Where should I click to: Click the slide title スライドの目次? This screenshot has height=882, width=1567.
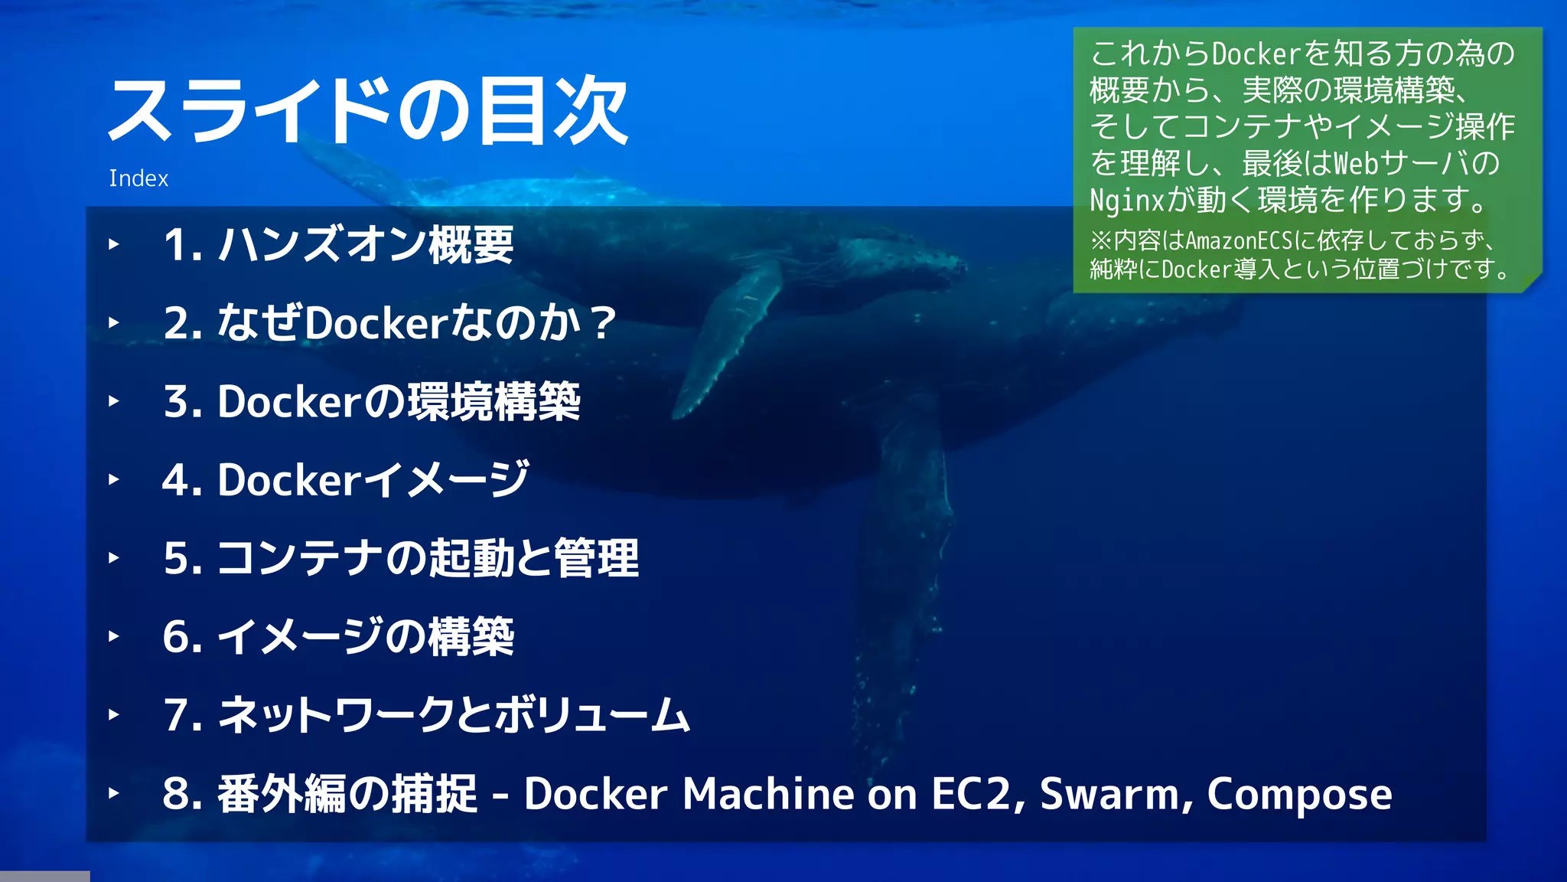pyautogui.click(x=368, y=112)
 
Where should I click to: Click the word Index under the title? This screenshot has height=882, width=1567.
pyautogui.click(x=138, y=178)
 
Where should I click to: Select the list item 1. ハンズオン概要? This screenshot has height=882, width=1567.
pyautogui.click(x=338, y=245)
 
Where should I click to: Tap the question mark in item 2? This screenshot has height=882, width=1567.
pyautogui.click(x=603, y=323)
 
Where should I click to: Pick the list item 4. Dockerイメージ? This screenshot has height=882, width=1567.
pyautogui.click(x=345, y=480)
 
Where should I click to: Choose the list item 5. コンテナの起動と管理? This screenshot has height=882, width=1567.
pyautogui.click(x=400, y=558)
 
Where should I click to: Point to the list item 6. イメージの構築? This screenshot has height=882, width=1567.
pyautogui.click(x=338, y=636)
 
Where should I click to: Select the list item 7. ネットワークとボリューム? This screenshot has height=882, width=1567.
pyautogui.click(x=426, y=715)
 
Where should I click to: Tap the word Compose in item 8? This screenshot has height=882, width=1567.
pyautogui.click(x=1299, y=795)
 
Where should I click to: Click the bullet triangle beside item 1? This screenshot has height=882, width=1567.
pyautogui.click(x=114, y=245)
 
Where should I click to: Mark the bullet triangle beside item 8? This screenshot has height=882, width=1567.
pyautogui.click(x=114, y=793)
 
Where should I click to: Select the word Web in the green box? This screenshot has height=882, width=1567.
pyautogui.click(x=1356, y=163)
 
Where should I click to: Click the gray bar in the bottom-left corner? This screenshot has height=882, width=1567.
pyautogui.click(x=44, y=876)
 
